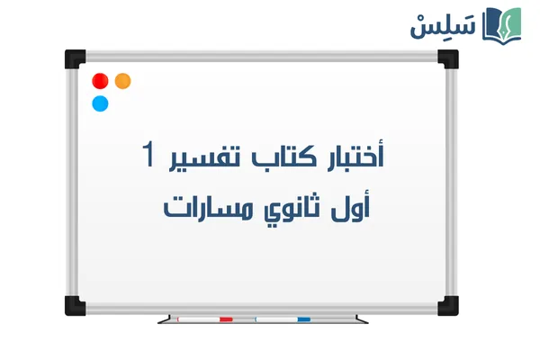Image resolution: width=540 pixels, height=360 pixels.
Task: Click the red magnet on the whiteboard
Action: point(100,81)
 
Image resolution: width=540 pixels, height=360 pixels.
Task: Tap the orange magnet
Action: point(123,81)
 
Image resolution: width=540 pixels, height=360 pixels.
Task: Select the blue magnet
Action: point(100,103)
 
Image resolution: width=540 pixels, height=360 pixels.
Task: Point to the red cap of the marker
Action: point(226,319)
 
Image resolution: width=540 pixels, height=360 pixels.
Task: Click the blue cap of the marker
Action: point(303,319)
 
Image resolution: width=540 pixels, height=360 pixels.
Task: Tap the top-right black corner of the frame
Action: point(447,58)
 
